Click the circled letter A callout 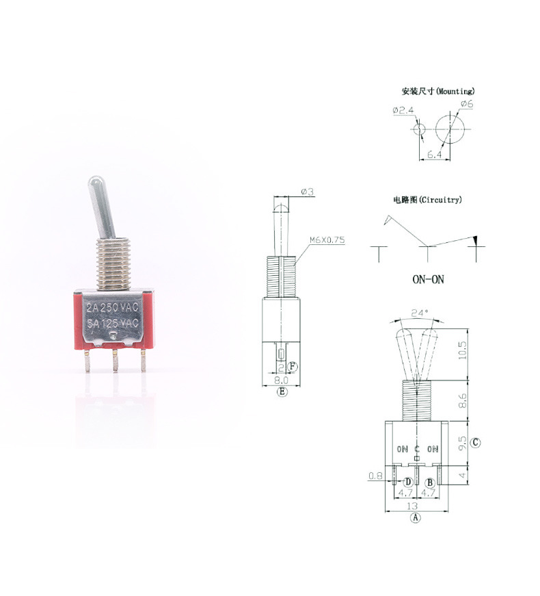416,518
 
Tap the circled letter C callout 475,443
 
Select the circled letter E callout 282,391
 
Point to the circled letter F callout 292,367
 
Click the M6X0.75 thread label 327,240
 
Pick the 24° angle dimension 420,313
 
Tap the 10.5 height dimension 462,350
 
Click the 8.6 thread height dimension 462,400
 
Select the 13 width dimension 412,506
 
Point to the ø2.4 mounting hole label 403,110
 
